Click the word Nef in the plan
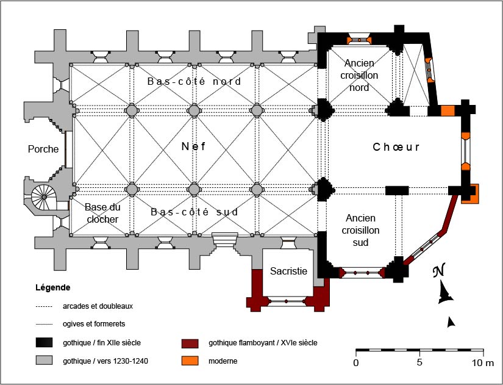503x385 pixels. (x=193, y=146)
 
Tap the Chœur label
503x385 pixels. (x=396, y=147)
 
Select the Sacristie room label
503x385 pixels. (x=288, y=271)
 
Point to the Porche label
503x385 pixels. (x=43, y=149)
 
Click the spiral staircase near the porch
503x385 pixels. (x=44, y=197)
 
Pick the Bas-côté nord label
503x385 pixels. (x=194, y=81)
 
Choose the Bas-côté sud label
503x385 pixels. (x=194, y=212)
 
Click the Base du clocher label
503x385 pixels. (x=102, y=213)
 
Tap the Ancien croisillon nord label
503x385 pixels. (x=359, y=75)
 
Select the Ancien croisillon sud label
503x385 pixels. (x=360, y=230)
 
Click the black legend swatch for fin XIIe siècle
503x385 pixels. (x=44, y=343)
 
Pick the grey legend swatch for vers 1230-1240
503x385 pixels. (x=44, y=361)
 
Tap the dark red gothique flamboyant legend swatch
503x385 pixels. (x=190, y=344)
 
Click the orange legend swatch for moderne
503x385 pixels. (x=190, y=361)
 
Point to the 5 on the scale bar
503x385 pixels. (x=419, y=363)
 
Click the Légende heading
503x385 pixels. (x=53, y=287)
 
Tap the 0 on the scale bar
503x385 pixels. (x=356, y=363)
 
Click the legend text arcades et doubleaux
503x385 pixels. (x=98, y=306)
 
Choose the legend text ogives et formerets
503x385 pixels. (x=94, y=323)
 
